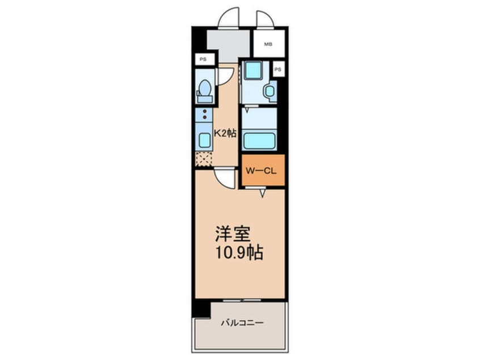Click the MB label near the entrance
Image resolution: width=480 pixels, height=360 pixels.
click(x=267, y=43)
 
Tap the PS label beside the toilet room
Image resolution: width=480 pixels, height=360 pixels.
click(x=202, y=59)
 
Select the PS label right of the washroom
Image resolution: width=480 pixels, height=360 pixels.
click(x=277, y=69)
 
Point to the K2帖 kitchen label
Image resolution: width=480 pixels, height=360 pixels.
click(x=225, y=134)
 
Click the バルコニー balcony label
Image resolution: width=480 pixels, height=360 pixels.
click(x=241, y=323)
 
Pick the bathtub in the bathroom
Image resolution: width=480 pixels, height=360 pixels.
click(x=259, y=140)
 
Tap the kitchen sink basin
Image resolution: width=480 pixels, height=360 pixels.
click(x=204, y=140)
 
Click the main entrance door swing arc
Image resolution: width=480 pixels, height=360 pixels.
click(x=228, y=17)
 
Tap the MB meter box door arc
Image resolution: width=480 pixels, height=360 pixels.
click(x=264, y=18)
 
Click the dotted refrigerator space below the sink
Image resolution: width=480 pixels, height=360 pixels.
click(x=204, y=160)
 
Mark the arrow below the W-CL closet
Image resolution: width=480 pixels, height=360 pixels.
click(x=262, y=194)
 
